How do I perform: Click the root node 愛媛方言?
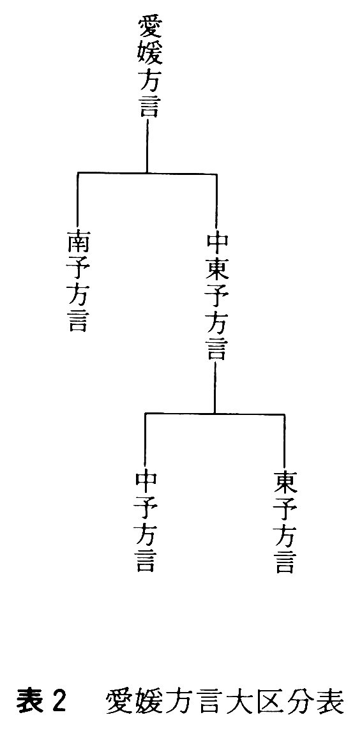click(x=147, y=66)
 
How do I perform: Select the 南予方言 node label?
click(x=77, y=282)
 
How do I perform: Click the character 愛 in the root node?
click(x=147, y=27)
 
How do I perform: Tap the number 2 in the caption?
click(x=57, y=703)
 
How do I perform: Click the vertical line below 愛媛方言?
click(x=147, y=146)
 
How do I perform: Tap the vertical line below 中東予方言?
click(x=215, y=388)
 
